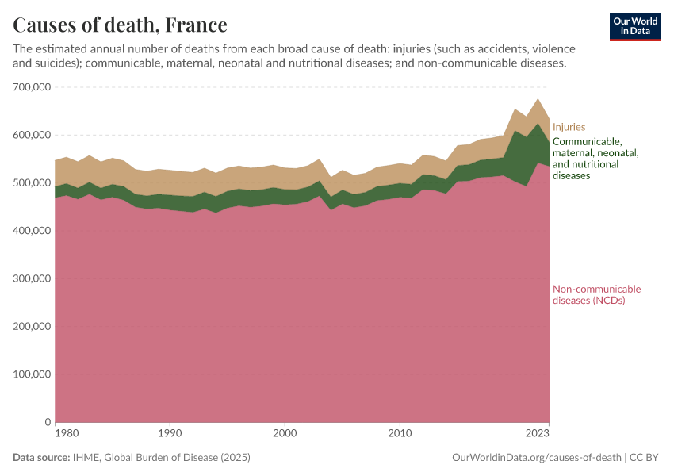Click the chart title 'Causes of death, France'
click(x=120, y=25)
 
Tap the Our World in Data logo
click(x=635, y=26)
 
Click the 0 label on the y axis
click(x=48, y=422)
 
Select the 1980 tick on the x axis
click(x=67, y=434)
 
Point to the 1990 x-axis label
click(x=169, y=434)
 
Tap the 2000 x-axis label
click(x=285, y=434)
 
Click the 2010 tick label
click(x=400, y=434)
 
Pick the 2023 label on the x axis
click(x=538, y=434)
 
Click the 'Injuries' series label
click(x=569, y=127)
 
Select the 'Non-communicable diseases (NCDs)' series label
click(x=596, y=294)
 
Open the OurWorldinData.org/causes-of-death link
click(x=536, y=458)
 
